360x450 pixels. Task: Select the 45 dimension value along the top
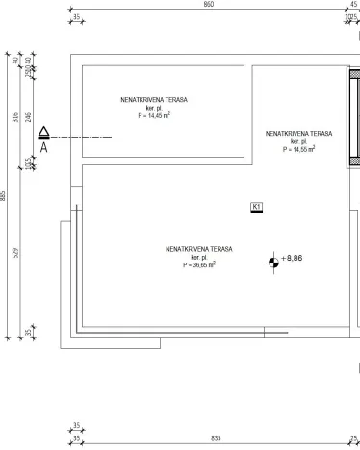(353, 5)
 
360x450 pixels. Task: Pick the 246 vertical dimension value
(28, 117)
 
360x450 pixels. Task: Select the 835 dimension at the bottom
(216, 437)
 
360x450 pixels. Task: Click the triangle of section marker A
(43, 135)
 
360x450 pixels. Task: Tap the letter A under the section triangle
(43, 148)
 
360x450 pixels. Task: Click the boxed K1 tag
(256, 206)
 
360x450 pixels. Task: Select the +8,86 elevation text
(293, 259)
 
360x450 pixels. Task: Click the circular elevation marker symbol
(274, 260)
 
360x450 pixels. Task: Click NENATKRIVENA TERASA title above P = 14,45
(154, 100)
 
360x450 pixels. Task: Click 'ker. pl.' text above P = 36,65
(198, 257)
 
